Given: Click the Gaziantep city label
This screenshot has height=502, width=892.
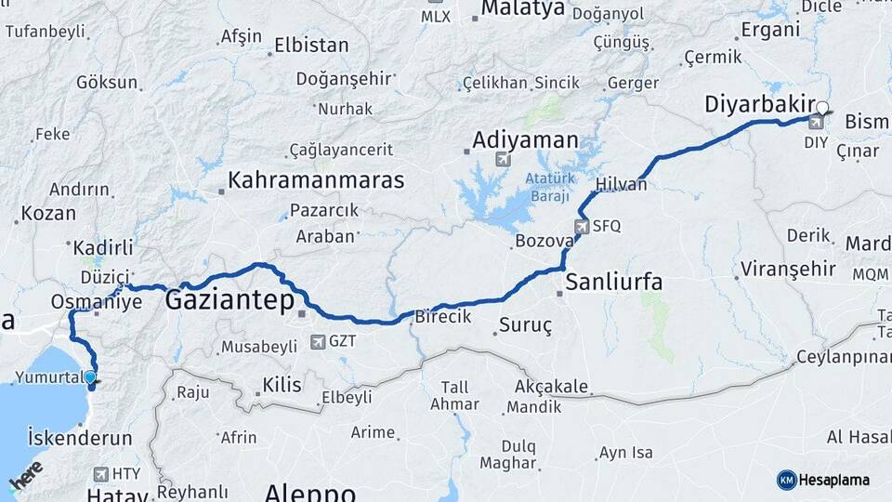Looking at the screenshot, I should (x=229, y=300).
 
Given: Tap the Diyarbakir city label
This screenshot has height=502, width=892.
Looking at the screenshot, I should (x=760, y=104).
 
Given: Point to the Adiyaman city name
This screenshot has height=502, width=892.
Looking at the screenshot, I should (x=525, y=140).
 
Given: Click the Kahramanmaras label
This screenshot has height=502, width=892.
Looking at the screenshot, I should (x=316, y=180).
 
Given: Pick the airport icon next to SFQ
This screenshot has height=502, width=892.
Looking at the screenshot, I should (x=582, y=226).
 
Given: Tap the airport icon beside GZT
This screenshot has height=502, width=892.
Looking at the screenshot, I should (x=319, y=341).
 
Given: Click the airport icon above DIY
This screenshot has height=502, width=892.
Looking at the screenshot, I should (x=816, y=122).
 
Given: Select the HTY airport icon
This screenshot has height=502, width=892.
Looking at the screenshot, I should (x=100, y=474).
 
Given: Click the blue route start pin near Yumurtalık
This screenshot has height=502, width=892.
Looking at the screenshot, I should (x=90, y=377).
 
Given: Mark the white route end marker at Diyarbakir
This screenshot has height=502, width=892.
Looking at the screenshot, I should (x=822, y=107).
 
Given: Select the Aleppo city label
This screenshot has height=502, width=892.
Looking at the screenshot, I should (x=309, y=492).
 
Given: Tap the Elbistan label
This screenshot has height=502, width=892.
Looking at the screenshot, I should (x=311, y=45).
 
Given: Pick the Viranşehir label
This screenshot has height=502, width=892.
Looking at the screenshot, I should (x=787, y=270).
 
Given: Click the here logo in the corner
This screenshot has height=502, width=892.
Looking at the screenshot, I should (x=26, y=476).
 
